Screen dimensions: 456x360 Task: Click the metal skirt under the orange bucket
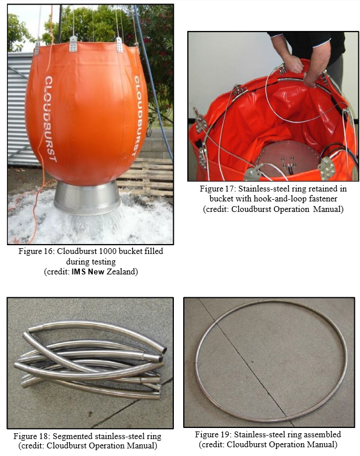pyautogui.click(x=88, y=197)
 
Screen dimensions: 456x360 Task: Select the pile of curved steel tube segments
pyautogui.click(x=90, y=359)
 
